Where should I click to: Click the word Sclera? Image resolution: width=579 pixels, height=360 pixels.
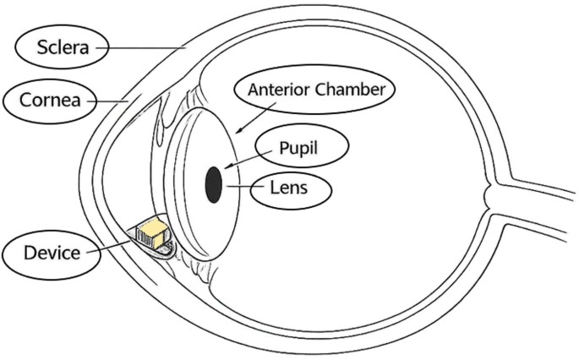pos(63,47)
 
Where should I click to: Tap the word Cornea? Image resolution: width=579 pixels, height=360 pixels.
pos(50,100)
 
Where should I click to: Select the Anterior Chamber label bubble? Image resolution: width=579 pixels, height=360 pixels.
pos(314,90)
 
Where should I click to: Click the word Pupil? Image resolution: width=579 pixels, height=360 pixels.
pos(298,148)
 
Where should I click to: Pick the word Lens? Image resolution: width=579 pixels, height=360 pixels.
pos(289,188)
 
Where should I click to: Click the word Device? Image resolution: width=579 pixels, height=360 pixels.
pos(52,253)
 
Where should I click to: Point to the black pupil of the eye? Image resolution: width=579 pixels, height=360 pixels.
pos(214,184)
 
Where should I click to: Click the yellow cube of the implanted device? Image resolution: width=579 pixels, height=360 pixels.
pos(153,232)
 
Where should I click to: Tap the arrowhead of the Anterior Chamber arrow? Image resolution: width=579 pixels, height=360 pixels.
pos(239,129)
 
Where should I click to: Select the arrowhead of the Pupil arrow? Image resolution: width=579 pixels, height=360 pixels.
pos(228,166)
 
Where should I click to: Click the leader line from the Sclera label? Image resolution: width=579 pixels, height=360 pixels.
pos(141,47)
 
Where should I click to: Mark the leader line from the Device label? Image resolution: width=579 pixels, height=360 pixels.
pos(108,247)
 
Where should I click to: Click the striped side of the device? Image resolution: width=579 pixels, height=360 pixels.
pos(145,237)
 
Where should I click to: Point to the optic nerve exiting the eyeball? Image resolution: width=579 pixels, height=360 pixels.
pos(532,208)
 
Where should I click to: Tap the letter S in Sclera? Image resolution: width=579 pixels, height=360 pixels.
pos(41,47)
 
